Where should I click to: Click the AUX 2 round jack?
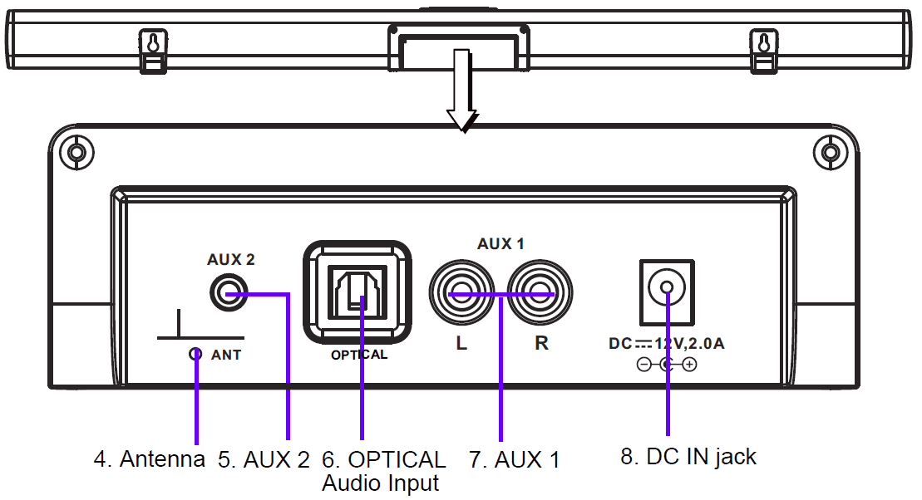point(226,294)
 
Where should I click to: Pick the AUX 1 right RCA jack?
point(542,294)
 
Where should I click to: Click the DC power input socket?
point(667,292)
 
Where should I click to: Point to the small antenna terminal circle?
point(195,354)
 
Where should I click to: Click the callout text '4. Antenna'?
point(149,459)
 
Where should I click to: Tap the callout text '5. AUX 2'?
point(264,459)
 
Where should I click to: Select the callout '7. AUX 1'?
point(515,459)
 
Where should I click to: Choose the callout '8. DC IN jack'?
point(689,456)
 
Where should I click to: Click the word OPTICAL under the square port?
point(359,355)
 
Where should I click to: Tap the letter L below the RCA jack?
point(461,343)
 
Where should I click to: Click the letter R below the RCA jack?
point(541,343)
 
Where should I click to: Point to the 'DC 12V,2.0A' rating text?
point(666,343)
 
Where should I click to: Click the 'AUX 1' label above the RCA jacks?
point(500,245)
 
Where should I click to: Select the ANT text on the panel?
point(226,355)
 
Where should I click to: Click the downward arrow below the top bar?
point(462,91)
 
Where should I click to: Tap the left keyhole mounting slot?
point(152,42)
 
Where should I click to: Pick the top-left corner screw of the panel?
point(76,153)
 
